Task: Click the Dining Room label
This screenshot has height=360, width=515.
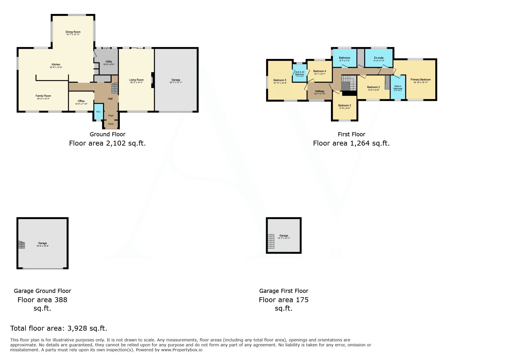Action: point(73,32)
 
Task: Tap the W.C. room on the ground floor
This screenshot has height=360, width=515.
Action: point(99,112)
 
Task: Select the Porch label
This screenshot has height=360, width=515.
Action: point(111,124)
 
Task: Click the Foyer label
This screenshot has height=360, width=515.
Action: point(111,116)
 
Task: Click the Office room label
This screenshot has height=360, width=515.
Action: point(81,101)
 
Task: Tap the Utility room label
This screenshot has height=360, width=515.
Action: point(109,62)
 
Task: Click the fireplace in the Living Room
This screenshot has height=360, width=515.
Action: point(152,80)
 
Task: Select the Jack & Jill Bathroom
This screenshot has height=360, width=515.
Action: point(299,73)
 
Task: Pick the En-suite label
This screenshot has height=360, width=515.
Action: point(379,58)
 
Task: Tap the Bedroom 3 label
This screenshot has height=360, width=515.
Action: point(345,105)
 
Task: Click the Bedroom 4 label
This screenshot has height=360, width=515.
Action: point(319,71)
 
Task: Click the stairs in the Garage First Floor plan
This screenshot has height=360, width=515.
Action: point(271,241)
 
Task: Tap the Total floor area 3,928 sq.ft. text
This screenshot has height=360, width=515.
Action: point(59,328)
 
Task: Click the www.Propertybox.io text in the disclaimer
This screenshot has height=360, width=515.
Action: point(181,350)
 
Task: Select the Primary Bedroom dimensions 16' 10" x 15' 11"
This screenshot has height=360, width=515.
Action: point(420,83)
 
